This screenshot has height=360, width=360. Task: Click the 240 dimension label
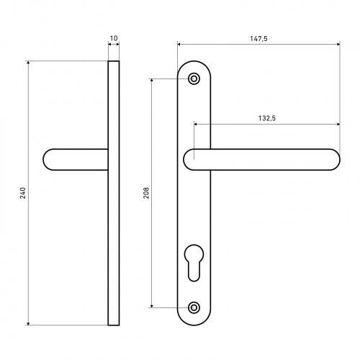pos(23,193)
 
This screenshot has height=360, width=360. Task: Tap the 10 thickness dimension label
pos(114,38)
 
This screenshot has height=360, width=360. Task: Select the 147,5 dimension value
pos(258,39)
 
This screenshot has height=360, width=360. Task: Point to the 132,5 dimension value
pos(267,118)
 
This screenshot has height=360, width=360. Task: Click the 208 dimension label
pos(146,193)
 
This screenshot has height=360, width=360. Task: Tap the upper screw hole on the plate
pos(194,78)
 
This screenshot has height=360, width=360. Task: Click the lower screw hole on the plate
pos(194,307)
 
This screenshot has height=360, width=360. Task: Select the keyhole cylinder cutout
pos(194,263)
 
